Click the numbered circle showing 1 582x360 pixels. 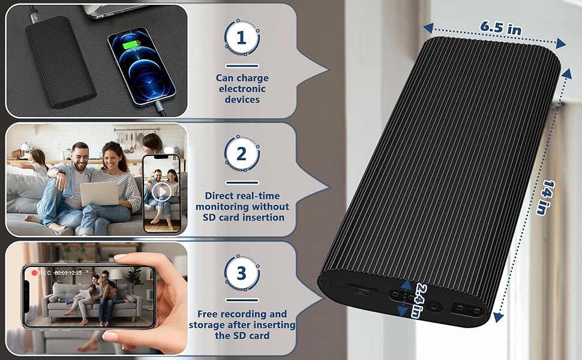click(242, 38)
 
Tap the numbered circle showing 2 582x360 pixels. click(242, 154)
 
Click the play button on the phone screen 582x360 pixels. click(162, 192)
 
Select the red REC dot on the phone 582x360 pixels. click(34, 273)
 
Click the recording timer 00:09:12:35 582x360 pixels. click(68, 273)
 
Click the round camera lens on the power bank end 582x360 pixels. click(431, 307)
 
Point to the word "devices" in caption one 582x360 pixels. click(242, 100)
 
